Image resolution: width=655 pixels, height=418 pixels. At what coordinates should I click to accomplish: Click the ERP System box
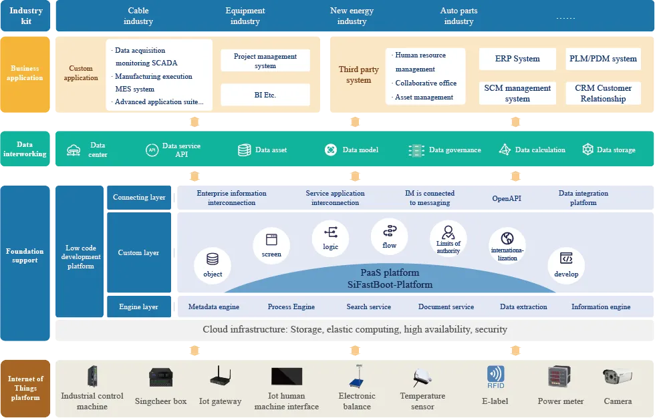point(517,59)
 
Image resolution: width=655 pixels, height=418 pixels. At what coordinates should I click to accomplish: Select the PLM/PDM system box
point(603,59)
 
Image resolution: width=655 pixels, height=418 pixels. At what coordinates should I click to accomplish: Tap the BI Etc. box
point(265,95)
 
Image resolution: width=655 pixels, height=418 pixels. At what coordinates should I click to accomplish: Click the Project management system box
point(265,61)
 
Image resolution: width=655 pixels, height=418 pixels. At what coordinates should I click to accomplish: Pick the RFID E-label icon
point(496,377)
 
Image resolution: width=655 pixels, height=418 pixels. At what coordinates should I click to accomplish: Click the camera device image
point(617,377)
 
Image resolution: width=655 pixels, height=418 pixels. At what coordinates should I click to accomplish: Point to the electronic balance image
point(358,377)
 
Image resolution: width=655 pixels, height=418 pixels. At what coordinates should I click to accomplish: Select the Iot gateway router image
point(220,375)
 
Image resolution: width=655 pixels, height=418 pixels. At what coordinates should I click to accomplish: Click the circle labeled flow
point(389,236)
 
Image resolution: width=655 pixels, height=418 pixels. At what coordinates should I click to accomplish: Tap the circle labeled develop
point(566,266)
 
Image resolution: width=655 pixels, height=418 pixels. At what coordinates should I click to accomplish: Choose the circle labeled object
point(213,266)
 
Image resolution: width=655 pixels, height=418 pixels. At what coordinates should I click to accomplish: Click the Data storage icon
point(587,150)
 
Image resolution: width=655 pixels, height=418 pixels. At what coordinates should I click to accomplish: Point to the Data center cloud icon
point(74,150)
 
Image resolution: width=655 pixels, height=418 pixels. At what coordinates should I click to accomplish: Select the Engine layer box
point(139,306)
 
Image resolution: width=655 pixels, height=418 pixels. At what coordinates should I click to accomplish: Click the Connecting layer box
point(139,198)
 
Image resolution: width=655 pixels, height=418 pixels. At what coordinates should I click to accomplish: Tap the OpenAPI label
point(507,198)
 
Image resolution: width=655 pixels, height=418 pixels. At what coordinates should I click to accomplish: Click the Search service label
point(368,306)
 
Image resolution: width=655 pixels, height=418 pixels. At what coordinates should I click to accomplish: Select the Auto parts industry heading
point(458,16)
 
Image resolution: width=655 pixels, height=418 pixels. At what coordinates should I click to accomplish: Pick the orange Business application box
point(25,75)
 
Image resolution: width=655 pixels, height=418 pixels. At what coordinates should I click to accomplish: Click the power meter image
point(560,377)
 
